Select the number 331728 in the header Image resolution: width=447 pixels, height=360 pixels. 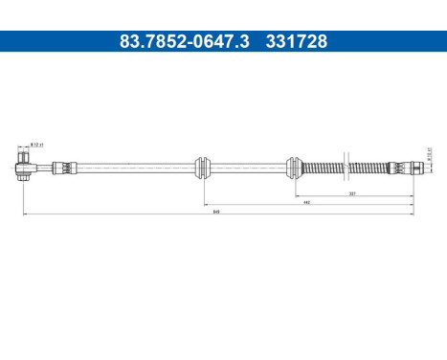[296, 42]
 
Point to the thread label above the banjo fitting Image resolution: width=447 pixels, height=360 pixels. [36, 145]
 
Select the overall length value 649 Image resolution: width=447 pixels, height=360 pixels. [217, 214]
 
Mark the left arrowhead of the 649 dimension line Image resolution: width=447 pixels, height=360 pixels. [24, 216]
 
